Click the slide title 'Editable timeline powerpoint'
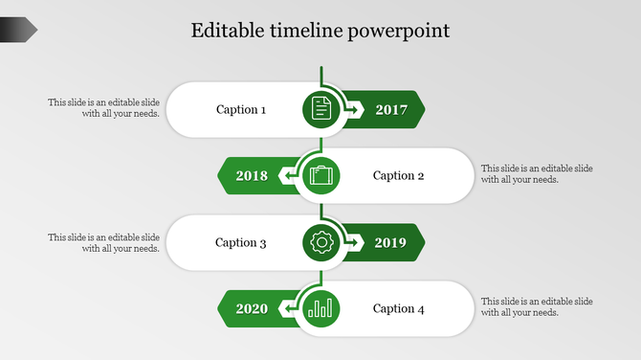[x=320, y=31]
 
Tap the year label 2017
[x=391, y=110]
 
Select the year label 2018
[x=252, y=176]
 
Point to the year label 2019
[x=390, y=243]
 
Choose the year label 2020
[x=252, y=309]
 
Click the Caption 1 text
[x=241, y=110]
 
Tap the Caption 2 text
[x=398, y=176]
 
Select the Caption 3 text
[x=241, y=243]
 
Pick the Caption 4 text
[x=398, y=309]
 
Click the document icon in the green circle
[x=321, y=109]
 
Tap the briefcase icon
[x=321, y=176]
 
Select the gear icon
[x=321, y=243]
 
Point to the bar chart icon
[x=321, y=309]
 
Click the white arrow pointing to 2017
[x=353, y=110]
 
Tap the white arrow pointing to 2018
[x=287, y=176]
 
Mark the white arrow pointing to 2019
[x=353, y=243]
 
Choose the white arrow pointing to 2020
[x=287, y=309]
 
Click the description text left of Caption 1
[x=104, y=108]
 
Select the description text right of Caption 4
[x=537, y=306]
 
